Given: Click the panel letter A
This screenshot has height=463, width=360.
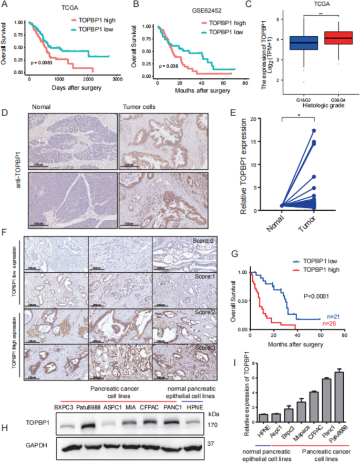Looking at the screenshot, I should point(6,5).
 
